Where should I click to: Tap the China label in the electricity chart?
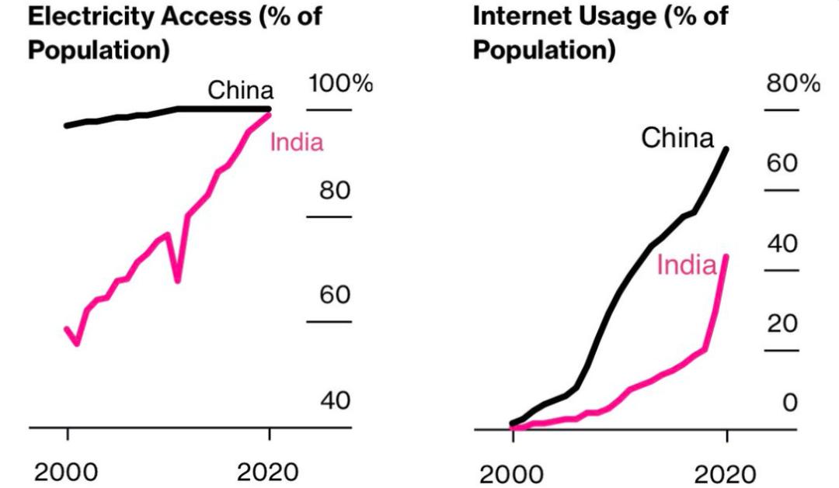[240, 90]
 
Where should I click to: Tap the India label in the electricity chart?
[296, 143]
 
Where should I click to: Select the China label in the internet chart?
[677, 139]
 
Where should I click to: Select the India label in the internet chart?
[686, 265]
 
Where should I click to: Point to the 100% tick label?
[340, 84]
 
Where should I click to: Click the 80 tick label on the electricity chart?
[336, 191]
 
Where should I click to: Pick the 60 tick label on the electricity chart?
[336, 296]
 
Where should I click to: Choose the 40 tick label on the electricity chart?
[336, 401]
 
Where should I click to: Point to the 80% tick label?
[793, 85]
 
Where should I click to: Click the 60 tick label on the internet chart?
[782, 164]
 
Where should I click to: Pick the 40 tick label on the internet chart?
[782, 244]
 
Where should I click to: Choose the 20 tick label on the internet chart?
[782, 324]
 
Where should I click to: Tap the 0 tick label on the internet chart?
[789, 403]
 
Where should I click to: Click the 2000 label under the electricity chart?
[68, 472]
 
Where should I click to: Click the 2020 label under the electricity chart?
[269, 472]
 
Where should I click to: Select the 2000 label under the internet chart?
[511, 474]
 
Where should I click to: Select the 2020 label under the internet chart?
[725, 474]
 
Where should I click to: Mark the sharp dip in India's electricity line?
[178, 279]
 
